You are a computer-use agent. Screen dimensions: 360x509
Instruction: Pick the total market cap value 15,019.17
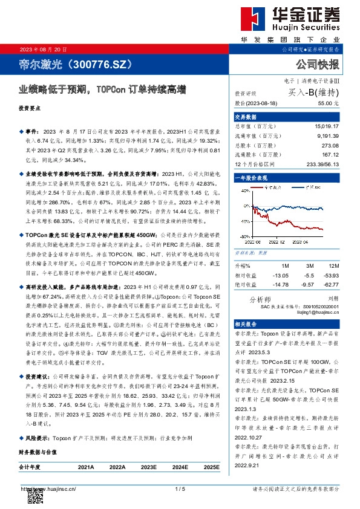327,126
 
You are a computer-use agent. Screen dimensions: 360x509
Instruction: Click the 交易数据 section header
245,117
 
